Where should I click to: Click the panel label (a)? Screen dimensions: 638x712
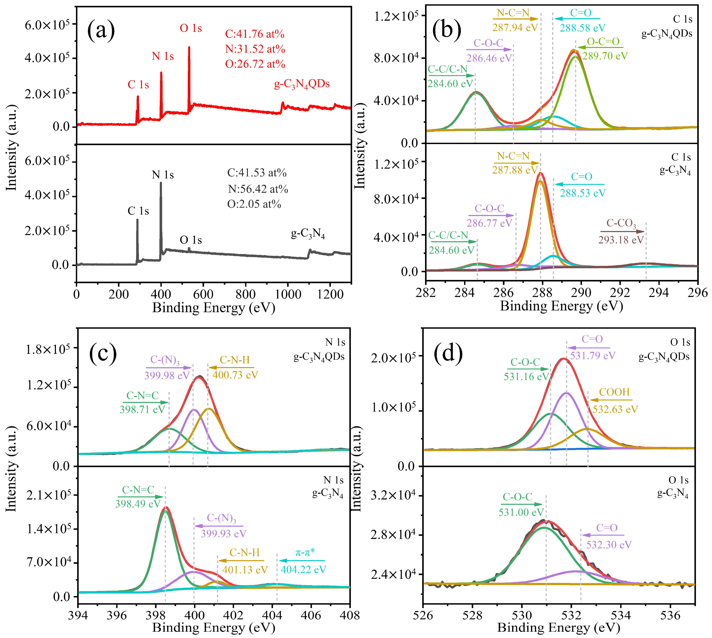101,31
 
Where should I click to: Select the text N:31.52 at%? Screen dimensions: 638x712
255,49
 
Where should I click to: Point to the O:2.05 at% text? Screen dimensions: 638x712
254,204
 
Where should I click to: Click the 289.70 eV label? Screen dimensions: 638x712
605,56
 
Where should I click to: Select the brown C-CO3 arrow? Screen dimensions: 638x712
622,231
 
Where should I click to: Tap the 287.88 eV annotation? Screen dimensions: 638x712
514,170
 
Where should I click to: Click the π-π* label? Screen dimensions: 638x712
305,552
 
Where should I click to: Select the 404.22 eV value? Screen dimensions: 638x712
303,569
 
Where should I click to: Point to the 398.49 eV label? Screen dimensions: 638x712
138,504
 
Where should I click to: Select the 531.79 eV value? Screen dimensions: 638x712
592,356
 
